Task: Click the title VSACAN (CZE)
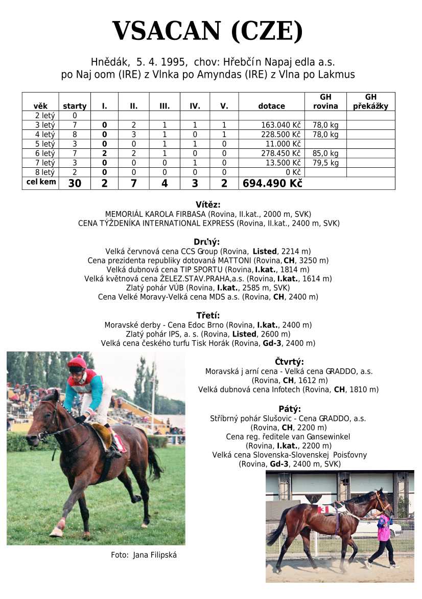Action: click(207, 32)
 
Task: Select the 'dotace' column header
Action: click(271, 106)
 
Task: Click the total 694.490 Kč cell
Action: click(272, 184)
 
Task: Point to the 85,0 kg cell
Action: click(325, 153)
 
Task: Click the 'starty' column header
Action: click(75, 106)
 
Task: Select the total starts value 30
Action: click(75, 184)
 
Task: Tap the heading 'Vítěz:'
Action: click(207, 205)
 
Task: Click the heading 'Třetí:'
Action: click(207, 315)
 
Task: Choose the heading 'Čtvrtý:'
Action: click(289, 362)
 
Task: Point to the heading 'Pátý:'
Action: click(289, 409)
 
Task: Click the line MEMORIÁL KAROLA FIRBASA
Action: click(207, 214)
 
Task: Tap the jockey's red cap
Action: click(78, 362)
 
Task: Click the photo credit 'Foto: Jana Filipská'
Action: click(144, 555)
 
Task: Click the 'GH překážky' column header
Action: click(370, 102)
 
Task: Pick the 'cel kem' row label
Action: click(41, 182)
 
